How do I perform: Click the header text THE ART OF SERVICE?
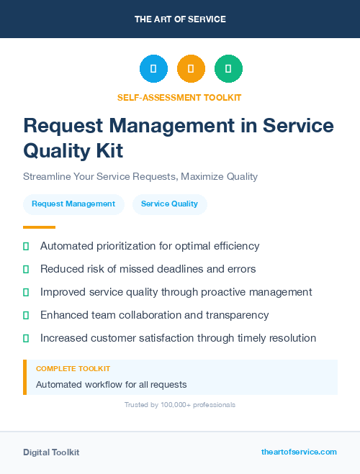180,19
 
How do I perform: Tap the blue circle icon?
153,68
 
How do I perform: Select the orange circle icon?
191,68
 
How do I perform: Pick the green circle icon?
228,68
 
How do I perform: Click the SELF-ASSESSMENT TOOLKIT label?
179,98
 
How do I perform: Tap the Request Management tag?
73,204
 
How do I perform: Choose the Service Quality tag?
169,204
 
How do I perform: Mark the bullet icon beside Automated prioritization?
26,246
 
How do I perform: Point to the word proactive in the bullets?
238,292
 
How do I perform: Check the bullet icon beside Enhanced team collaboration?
26,315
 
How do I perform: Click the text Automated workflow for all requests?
111,384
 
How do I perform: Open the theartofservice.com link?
299,452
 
